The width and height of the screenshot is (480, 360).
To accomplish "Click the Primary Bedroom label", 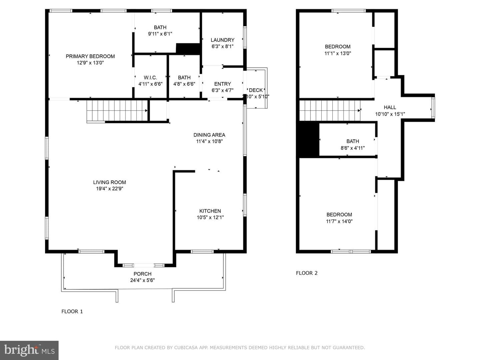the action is (x=90, y=56).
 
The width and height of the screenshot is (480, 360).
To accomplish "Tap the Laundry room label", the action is (x=222, y=40).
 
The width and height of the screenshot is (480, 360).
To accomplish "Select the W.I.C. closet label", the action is (x=150, y=78).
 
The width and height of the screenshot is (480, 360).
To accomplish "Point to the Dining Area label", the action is (x=209, y=135).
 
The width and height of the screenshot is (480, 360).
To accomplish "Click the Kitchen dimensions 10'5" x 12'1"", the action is (x=210, y=217).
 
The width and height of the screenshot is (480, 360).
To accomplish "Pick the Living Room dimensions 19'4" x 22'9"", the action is (x=110, y=188).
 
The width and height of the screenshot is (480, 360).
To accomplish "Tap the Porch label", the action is (x=142, y=274).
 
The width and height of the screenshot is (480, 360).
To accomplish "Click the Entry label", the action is (x=222, y=84).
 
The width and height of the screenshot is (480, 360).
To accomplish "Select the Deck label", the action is (x=256, y=90).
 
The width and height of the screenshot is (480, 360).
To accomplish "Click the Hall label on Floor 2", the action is (x=390, y=107).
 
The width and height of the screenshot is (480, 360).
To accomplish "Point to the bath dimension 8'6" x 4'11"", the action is (x=353, y=148).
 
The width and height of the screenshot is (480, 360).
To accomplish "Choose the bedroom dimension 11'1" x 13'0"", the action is (x=338, y=53).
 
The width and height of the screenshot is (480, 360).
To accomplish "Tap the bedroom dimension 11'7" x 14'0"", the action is (x=339, y=221).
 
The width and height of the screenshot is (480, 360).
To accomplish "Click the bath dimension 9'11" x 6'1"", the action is (x=160, y=34).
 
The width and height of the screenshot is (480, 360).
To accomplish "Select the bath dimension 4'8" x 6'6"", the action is (x=184, y=84).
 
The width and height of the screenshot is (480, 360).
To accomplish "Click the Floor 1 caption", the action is (x=72, y=311).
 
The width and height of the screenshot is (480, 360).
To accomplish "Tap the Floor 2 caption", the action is (x=307, y=273).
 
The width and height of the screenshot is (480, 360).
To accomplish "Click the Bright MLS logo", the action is (x=29, y=350).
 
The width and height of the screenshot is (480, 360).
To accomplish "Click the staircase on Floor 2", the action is (x=330, y=110).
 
